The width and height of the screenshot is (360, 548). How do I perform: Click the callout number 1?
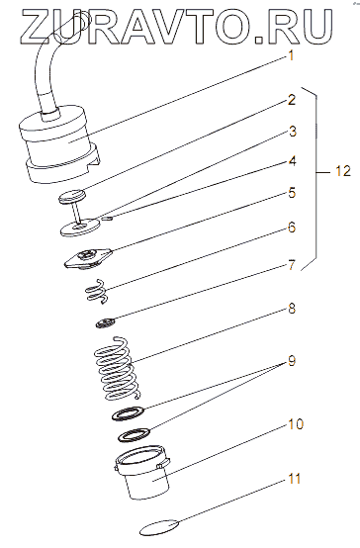[x=291, y=55]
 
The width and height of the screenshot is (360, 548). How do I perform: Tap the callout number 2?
[x=292, y=100]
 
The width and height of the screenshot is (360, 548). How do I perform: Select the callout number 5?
[x=292, y=193]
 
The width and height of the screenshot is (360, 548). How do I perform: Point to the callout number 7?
[x=292, y=265]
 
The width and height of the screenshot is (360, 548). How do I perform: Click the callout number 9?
[x=292, y=360]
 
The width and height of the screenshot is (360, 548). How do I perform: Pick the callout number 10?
[x=296, y=424]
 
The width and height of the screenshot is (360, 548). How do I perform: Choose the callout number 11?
[x=295, y=478]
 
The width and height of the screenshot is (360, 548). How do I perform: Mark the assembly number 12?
[x=342, y=171]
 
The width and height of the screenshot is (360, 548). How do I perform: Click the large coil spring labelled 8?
[x=118, y=368]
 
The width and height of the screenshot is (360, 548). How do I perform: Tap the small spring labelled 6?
[x=97, y=291]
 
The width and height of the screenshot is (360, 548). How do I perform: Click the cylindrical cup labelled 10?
[x=142, y=473]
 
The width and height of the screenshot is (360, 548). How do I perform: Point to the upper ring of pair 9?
[x=129, y=413]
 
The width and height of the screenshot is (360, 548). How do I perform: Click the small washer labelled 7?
[x=105, y=322]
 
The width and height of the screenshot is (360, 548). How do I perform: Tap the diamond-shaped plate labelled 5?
[x=87, y=259]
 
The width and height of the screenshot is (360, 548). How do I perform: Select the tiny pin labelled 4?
[x=108, y=219]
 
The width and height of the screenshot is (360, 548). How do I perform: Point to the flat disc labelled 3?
[x=79, y=227]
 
